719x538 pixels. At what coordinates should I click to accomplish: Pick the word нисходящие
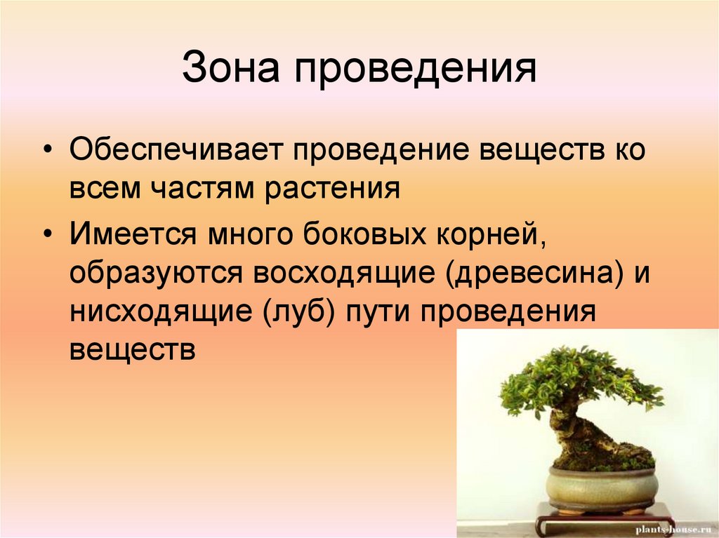tap(161, 311)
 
